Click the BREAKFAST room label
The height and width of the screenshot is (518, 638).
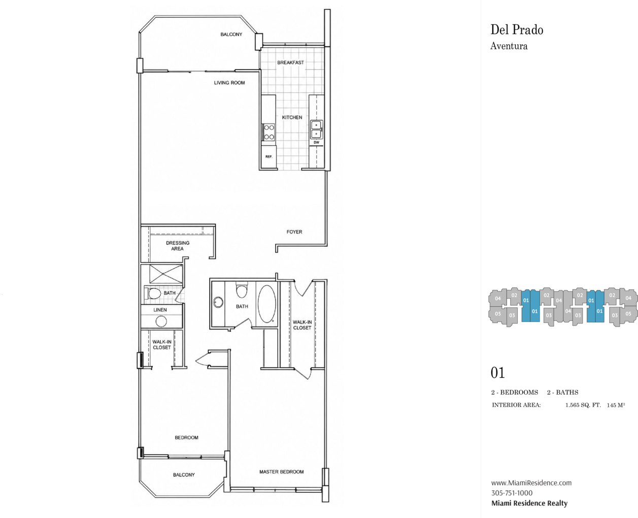(x=290, y=62)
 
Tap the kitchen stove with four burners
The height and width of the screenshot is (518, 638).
(x=268, y=132)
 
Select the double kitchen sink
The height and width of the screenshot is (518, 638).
(x=316, y=129)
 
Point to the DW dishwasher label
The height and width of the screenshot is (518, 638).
(x=316, y=143)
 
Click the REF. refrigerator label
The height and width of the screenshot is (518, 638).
(x=268, y=157)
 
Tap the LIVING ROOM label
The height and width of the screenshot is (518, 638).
(x=229, y=83)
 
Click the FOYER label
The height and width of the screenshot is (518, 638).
(x=294, y=232)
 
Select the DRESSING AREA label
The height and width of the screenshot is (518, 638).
(x=178, y=246)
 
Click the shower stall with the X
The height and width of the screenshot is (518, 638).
(x=166, y=274)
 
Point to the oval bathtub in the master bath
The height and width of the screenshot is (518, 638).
(x=266, y=304)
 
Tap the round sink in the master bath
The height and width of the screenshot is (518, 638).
(x=218, y=302)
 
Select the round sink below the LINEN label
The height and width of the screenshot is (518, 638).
(x=161, y=321)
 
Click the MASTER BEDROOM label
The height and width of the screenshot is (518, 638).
(x=281, y=472)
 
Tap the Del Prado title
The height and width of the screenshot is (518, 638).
(x=517, y=30)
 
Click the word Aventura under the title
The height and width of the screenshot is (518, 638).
(x=509, y=46)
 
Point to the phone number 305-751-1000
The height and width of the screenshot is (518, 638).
(x=512, y=493)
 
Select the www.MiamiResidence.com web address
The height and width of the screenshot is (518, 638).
(x=531, y=482)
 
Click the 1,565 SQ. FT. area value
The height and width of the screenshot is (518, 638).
(x=583, y=405)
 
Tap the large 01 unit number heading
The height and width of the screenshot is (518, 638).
(x=497, y=373)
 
